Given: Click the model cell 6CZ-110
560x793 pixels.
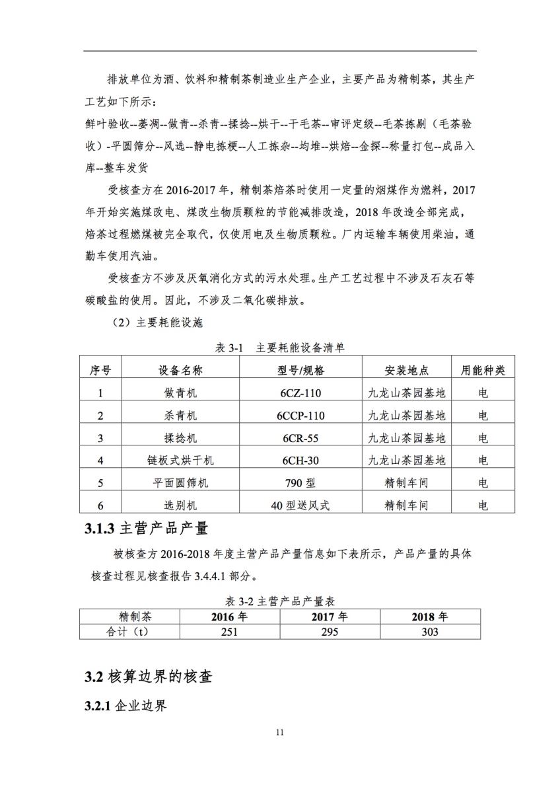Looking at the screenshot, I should click(300, 393).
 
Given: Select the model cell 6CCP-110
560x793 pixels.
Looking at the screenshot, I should click(300, 416).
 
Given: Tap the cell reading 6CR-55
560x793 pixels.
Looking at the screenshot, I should click(300, 438).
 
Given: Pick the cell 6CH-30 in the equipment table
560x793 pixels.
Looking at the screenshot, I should click(300, 461).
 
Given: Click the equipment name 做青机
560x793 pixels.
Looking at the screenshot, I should click(180, 393).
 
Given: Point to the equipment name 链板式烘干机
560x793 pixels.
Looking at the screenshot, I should click(180, 461).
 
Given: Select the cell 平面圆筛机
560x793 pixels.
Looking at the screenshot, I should click(180, 483).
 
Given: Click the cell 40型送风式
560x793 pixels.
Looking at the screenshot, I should click(300, 506).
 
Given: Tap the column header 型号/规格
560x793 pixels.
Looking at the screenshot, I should click(300, 370).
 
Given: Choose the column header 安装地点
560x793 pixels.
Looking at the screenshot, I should click(406, 370).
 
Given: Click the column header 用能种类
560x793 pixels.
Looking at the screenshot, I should click(483, 370).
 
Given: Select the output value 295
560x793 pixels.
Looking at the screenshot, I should click(330, 632).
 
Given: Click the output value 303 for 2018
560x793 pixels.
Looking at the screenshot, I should click(429, 632).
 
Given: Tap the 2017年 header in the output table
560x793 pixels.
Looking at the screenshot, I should click(330, 617).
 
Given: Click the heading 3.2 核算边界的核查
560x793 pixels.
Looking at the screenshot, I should click(149, 677).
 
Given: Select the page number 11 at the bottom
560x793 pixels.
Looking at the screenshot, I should click(280, 732).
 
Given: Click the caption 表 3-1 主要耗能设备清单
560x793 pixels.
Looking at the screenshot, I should click(280, 348).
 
